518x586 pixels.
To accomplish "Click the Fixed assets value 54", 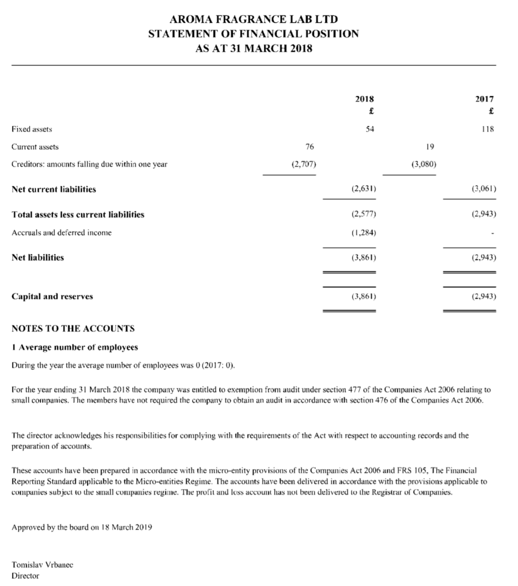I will pyautogui.click(x=370, y=129).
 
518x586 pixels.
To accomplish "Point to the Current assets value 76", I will pyautogui.click(x=309, y=146).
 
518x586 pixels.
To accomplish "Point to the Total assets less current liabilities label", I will pyautogui.click(x=78, y=215).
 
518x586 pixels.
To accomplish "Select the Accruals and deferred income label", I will pyautogui.click(x=62, y=232).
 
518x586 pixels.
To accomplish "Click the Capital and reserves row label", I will pyautogui.click(x=53, y=296).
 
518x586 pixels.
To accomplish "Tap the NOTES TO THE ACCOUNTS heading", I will pyautogui.click(x=73, y=328).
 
